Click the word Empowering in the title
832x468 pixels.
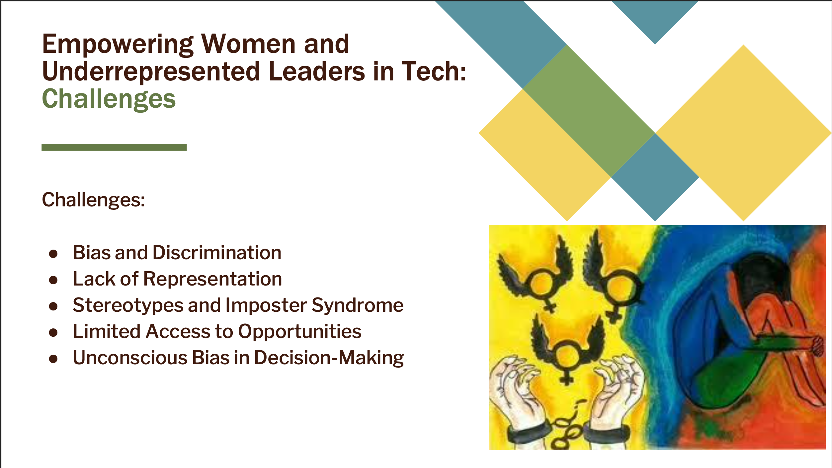point(118,45)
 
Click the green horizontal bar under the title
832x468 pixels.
point(114,147)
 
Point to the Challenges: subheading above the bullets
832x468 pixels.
point(94,200)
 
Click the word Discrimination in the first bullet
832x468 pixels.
point(217,253)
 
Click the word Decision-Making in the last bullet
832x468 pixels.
point(329,358)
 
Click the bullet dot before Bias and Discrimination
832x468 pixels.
point(53,254)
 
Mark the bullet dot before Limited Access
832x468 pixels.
point(53,333)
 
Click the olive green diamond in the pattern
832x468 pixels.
point(589,111)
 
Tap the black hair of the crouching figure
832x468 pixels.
point(760,276)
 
